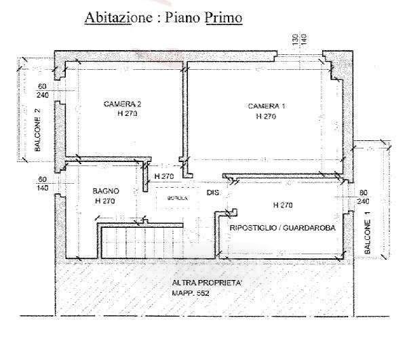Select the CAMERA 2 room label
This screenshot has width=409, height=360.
click(x=122, y=104)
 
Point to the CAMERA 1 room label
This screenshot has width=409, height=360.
click(x=267, y=106)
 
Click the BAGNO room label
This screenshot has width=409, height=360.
click(x=106, y=192)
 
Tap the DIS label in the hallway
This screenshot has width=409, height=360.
click(x=214, y=193)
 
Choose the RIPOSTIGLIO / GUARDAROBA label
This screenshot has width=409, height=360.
click(x=283, y=228)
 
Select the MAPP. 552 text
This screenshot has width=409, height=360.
click(x=192, y=293)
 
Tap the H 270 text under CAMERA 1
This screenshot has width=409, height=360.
click(x=266, y=117)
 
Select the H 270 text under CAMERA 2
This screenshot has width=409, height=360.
click(x=127, y=115)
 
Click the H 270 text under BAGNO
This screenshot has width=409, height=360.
click(x=105, y=201)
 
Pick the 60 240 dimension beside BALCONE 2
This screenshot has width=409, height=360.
click(x=42, y=91)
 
